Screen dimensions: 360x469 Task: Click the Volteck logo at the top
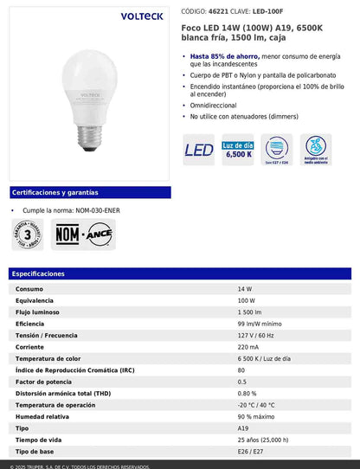point(88,15)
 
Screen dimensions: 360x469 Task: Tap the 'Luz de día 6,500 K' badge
point(238,150)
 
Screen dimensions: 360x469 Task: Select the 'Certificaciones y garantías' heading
point(55,192)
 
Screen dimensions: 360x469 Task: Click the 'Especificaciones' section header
point(39,273)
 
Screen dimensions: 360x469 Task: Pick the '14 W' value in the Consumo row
point(245,288)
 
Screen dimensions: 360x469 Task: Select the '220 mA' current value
point(248,347)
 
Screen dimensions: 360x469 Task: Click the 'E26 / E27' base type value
point(250,452)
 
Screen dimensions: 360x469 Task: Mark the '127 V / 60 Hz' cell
point(257,335)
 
